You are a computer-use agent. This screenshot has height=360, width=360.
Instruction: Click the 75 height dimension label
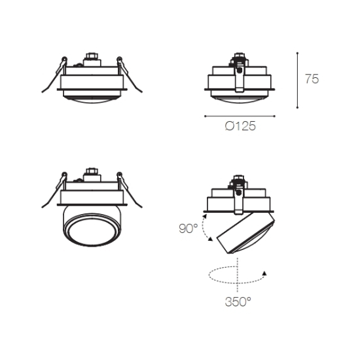click(312, 79)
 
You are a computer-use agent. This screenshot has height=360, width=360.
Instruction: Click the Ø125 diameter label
click(240, 126)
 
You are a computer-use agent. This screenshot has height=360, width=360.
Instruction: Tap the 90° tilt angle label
click(189, 228)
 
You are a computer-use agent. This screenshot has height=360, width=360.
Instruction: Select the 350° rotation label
click(238, 302)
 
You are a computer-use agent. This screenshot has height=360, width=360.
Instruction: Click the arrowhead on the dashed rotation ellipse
click(264, 273)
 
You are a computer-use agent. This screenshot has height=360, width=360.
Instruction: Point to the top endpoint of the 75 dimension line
click(297, 53)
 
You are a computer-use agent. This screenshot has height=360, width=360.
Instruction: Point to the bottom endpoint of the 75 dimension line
click(297, 107)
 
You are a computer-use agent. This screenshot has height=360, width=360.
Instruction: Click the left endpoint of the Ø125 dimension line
click(205, 116)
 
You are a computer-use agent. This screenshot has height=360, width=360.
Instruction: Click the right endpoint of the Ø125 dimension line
click(275, 116)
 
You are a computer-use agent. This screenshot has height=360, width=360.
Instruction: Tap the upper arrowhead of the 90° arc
click(205, 216)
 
